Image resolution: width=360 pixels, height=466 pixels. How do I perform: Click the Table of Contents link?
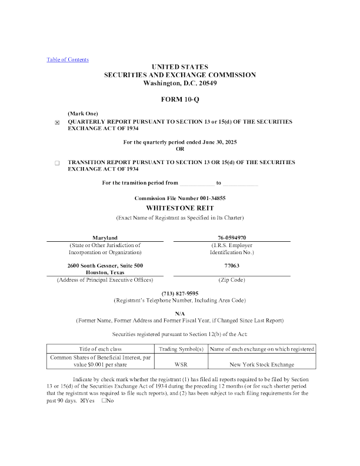click(68, 59)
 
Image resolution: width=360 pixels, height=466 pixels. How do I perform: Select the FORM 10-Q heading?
click(180, 99)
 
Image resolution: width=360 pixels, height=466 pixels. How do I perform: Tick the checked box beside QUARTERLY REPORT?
click(57, 122)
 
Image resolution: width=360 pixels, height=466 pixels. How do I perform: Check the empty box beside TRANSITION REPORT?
click(57, 163)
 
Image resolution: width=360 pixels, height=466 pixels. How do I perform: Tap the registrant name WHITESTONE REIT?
click(180, 208)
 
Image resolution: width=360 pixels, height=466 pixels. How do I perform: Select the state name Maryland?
click(105, 238)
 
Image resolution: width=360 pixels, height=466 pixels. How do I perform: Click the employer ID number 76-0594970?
click(232, 238)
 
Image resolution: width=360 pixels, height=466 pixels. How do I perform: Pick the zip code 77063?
click(232, 266)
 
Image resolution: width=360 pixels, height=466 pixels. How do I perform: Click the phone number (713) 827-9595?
click(180, 294)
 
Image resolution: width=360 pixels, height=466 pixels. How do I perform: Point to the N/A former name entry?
click(180, 314)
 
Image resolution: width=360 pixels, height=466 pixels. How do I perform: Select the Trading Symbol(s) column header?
click(181, 349)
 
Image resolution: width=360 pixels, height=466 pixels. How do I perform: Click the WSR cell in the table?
click(181, 364)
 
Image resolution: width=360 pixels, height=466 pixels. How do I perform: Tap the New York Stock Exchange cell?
click(262, 364)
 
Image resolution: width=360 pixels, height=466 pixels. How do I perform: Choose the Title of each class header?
click(100, 349)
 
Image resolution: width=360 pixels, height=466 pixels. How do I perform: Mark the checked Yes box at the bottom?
click(82, 401)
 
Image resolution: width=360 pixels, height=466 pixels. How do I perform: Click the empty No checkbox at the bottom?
click(104, 400)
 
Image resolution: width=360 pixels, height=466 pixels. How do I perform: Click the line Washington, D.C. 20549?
click(180, 83)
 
